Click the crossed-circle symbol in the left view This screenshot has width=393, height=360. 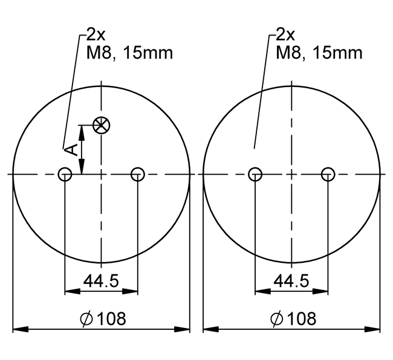102,126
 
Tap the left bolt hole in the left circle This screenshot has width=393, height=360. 65,175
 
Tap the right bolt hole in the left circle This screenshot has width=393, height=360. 138,175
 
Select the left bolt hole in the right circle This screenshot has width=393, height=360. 255,175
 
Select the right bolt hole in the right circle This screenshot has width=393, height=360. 328,175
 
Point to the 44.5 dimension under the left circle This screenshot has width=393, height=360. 101,281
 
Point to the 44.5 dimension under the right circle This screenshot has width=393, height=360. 291,281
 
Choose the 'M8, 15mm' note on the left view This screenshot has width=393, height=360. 129,53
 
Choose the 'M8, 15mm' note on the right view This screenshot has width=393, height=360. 319,53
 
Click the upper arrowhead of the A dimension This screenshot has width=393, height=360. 83,131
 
